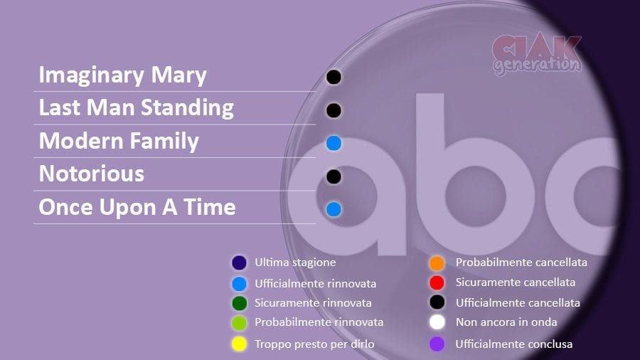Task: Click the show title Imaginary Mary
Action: click(x=123, y=76)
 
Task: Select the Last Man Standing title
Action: click(x=137, y=108)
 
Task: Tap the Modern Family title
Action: click(x=119, y=141)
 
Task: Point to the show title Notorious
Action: click(x=92, y=174)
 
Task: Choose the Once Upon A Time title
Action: click(x=137, y=207)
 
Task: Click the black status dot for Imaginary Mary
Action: click(x=334, y=77)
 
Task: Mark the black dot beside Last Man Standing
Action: click(x=334, y=110)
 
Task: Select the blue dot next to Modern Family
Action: click(x=334, y=143)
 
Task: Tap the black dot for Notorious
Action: click(x=334, y=176)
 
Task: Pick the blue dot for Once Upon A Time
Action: click(x=334, y=209)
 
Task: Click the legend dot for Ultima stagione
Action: click(x=239, y=263)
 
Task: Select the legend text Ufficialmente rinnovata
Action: click(x=316, y=283)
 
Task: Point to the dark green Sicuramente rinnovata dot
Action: click(x=239, y=303)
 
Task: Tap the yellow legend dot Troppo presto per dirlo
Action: click(x=239, y=344)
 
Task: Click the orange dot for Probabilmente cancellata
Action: click(x=437, y=263)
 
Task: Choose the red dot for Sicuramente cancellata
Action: click(x=437, y=282)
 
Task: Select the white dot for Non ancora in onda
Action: click(x=437, y=322)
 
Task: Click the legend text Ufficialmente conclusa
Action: click(x=514, y=344)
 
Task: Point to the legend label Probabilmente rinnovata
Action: click(x=319, y=322)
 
